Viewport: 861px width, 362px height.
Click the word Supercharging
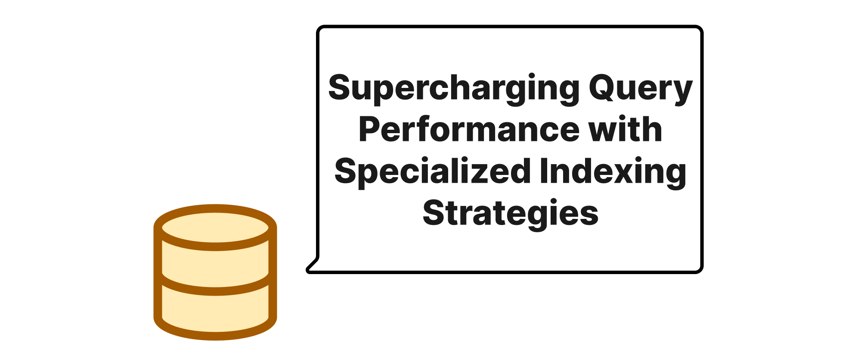454,90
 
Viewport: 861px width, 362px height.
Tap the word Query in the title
641,90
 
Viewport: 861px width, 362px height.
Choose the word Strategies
511,214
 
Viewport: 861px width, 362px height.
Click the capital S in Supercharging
341,87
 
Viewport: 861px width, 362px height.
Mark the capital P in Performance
371,129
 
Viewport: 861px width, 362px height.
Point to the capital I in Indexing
544,171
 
